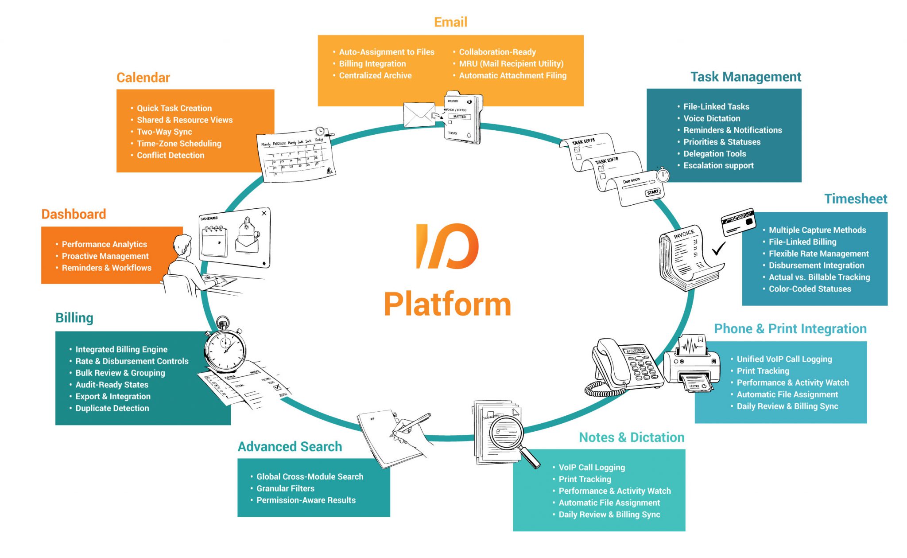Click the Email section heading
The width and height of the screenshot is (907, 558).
coord(450,22)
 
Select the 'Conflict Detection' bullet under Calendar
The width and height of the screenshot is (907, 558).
coord(170,156)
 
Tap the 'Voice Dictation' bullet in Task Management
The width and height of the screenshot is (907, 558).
coord(711,118)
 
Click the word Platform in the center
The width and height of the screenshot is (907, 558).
coord(447,304)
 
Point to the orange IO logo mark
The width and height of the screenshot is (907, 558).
coord(447,246)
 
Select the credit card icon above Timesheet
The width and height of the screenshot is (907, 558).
coord(738,222)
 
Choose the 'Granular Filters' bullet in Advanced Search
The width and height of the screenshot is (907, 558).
coord(285,488)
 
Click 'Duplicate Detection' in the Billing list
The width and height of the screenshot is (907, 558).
coord(112,408)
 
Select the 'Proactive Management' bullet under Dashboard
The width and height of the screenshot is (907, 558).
coord(105,256)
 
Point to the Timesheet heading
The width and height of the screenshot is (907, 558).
coord(855,199)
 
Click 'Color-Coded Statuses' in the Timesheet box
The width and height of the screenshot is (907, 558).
coord(810,289)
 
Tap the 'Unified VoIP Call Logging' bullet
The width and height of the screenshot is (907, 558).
coord(784,359)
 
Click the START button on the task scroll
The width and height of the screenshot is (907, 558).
coord(653,192)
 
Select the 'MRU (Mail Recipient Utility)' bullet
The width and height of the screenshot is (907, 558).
coord(511,64)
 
